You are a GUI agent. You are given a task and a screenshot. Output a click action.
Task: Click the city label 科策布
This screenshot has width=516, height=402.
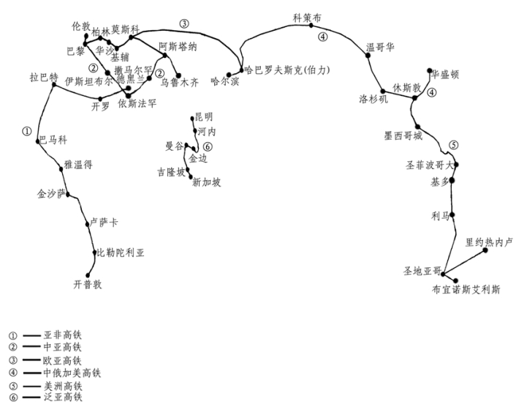point(307,16)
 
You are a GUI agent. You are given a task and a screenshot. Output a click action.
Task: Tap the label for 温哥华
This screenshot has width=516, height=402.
point(380,48)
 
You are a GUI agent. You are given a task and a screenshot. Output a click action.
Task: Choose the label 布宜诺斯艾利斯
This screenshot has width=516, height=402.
point(466,290)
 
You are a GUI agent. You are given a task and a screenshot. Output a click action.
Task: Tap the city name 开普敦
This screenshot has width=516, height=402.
point(88,284)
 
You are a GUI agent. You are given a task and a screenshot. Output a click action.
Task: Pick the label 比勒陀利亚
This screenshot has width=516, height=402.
point(121,253)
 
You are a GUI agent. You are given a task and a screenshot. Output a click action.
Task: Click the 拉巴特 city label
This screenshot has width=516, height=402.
point(43,76)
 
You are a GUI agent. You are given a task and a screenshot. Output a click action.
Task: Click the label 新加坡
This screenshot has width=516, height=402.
point(206,183)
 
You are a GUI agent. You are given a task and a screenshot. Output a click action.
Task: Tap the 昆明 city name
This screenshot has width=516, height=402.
point(205,117)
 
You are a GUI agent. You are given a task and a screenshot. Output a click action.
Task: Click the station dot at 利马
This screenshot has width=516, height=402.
point(452,215)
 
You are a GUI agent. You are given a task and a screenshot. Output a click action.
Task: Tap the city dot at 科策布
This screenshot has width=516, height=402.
point(311,25)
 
